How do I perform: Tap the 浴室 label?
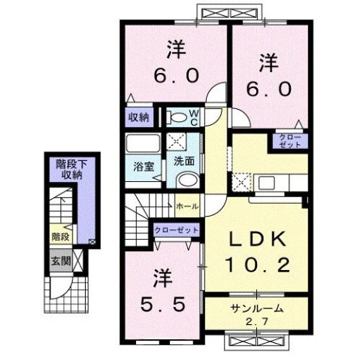[144, 167]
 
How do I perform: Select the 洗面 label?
[185, 160]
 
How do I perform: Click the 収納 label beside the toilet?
[139, 117]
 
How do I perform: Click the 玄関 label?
[60, 261]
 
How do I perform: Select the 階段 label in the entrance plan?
[60, 236]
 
